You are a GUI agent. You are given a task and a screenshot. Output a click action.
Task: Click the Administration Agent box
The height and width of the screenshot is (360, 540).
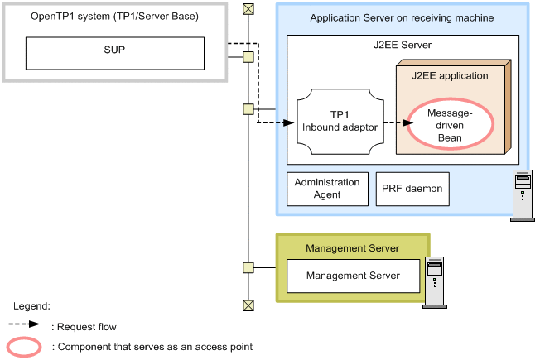coord(328,189)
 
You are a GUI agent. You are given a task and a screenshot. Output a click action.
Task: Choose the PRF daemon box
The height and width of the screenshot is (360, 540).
coord(412,189)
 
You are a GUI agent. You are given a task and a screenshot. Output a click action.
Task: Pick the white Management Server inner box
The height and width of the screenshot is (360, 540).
coord(353,276)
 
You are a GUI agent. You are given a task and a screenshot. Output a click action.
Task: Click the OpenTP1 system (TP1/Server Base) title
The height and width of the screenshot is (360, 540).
coord(114,16)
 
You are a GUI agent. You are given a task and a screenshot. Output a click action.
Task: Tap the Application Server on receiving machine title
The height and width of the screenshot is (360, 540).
coord(402,17)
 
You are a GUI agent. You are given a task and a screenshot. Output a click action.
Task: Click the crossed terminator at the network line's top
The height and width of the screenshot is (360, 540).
coord(248,9)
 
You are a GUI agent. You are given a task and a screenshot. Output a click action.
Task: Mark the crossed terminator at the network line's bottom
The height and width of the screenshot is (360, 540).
coord(248,305)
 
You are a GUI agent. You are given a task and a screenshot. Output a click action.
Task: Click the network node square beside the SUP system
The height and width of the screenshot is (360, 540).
coord(248,57)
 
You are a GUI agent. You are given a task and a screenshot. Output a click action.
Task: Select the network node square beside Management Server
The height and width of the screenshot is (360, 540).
coord(248,267)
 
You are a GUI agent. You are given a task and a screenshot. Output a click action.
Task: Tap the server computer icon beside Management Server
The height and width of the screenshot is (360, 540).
coord(434,282)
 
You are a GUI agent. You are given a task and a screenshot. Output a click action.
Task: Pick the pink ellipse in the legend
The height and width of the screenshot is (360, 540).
coord(25,347)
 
